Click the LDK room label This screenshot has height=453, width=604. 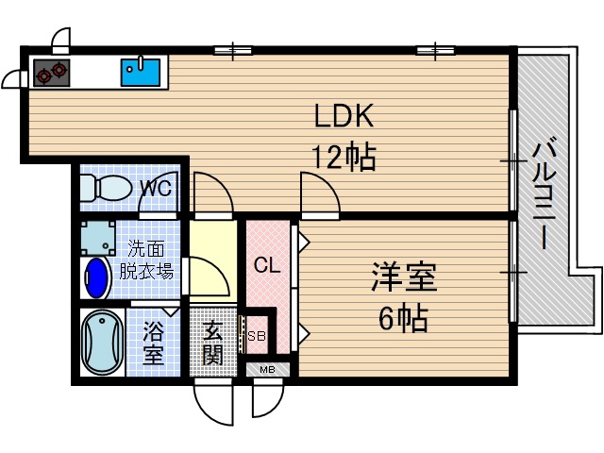pyautogui.click(x=345, y=116)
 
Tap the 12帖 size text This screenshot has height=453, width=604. pyautogui.click(x=344, y=157)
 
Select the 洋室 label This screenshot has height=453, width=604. pyautogui.click(x=402, y=278)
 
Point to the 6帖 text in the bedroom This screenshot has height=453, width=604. pyautogui.click(x=401, y=318)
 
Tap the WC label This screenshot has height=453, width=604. pyautogui.click(x=155, y=188)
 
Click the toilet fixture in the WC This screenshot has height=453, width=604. pyautogui.click(x=103, y=188)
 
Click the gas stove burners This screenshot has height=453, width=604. pyautogui.click(x=52, y=72)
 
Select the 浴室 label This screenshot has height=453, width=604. pyautogui.click(x=153, y=344)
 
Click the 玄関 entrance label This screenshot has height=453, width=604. pyautogui.click(x=212, y=344)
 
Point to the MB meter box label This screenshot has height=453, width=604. pyautogui.click(x=267, y=369)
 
